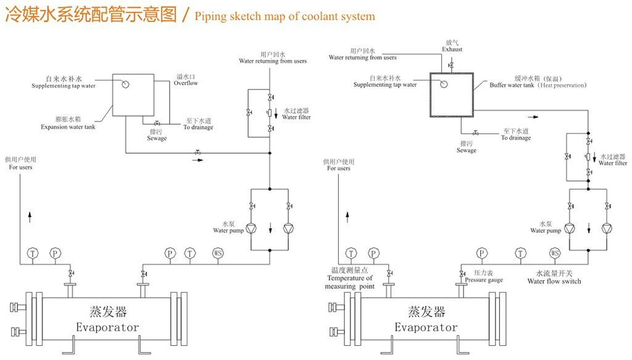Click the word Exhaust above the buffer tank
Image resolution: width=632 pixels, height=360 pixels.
[452, 49]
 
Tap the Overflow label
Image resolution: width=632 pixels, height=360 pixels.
[185, 83]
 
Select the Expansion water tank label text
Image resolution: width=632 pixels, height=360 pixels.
[68, 127]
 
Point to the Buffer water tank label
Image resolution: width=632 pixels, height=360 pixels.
[512, 85]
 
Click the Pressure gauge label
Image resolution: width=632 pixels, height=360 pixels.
[484, 280]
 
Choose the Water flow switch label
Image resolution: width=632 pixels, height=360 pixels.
[554, 281]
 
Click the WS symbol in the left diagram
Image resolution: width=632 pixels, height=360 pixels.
[218, 253]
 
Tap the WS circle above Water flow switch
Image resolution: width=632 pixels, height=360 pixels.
[555, 253]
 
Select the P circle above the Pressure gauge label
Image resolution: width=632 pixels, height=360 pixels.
[482, 253]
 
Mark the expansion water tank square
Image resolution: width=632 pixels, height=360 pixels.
[131, 95]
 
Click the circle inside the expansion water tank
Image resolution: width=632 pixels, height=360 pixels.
[124, 84]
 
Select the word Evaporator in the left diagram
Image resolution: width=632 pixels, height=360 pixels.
[107, 327]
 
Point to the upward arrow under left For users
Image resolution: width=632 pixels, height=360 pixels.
[30, 216]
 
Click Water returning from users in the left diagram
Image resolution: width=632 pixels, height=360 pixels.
[273, 61]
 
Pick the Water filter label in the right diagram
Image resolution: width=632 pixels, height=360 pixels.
[613, 163]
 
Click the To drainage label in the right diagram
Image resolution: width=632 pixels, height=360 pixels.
[516, 138]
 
